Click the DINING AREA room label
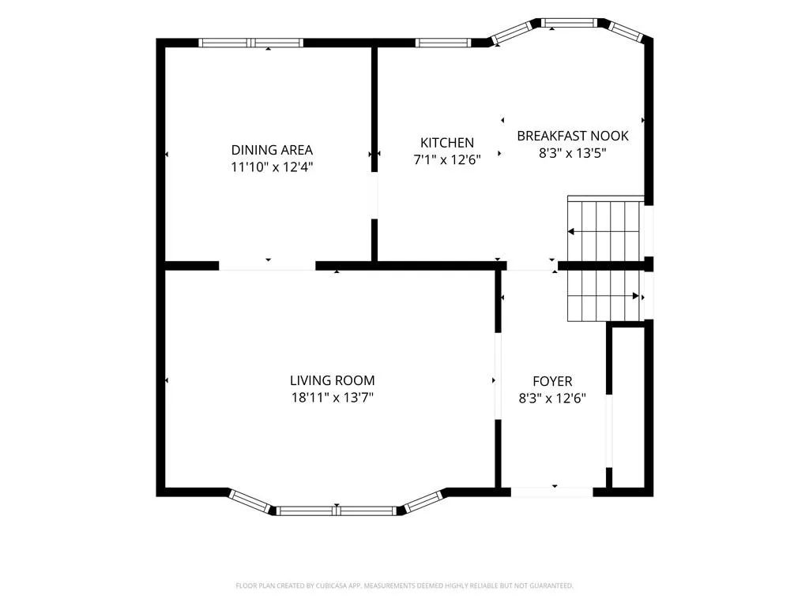point(272,150)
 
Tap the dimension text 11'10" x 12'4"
point(272,167)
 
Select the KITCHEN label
point(447,143)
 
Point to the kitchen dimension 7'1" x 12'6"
point(447,159)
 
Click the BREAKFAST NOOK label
point(573,136)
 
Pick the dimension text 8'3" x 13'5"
point(573,153)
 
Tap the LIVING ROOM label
point(333,381)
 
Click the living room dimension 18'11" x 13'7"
point(333,398)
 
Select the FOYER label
point(552,381)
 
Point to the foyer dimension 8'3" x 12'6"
point(552,398)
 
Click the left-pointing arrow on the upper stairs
point(604,232)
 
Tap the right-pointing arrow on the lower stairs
point(604,297)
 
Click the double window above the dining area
point(250,43)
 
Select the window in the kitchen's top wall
point(443,43)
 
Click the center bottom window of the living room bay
point(337,511)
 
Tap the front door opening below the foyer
point(552,492)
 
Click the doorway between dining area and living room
point(267,266)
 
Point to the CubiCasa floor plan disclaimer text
point(404,586)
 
